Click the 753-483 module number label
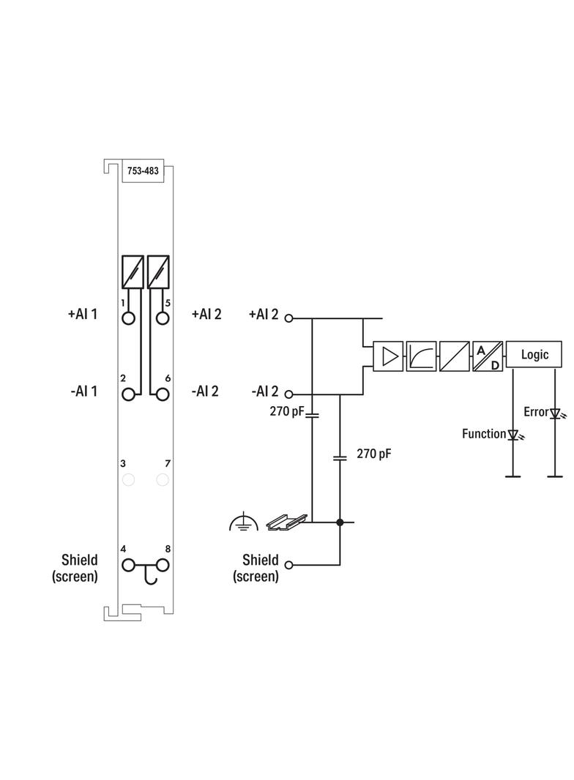[x=143, y=170]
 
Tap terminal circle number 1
[x=129, y=318]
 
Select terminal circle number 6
[x=163, y=394]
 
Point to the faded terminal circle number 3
[x=129, y=480]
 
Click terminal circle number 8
[x=163, y=565]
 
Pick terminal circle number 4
[x=129, y=565]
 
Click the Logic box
[x=534, y=355]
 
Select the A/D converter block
[x=488, y=356]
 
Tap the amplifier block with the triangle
[x=388, y=356]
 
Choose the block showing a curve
[x=421, y=356]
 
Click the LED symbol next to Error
[x=555, y=413]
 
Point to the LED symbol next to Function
[x=512, y=435]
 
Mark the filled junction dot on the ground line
[x=340, y=522]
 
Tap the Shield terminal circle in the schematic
[x=289, y=565]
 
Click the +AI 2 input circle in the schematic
[x=289, y=318]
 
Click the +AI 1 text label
[x=83, y=315]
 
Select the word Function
[x=484, y=434]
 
